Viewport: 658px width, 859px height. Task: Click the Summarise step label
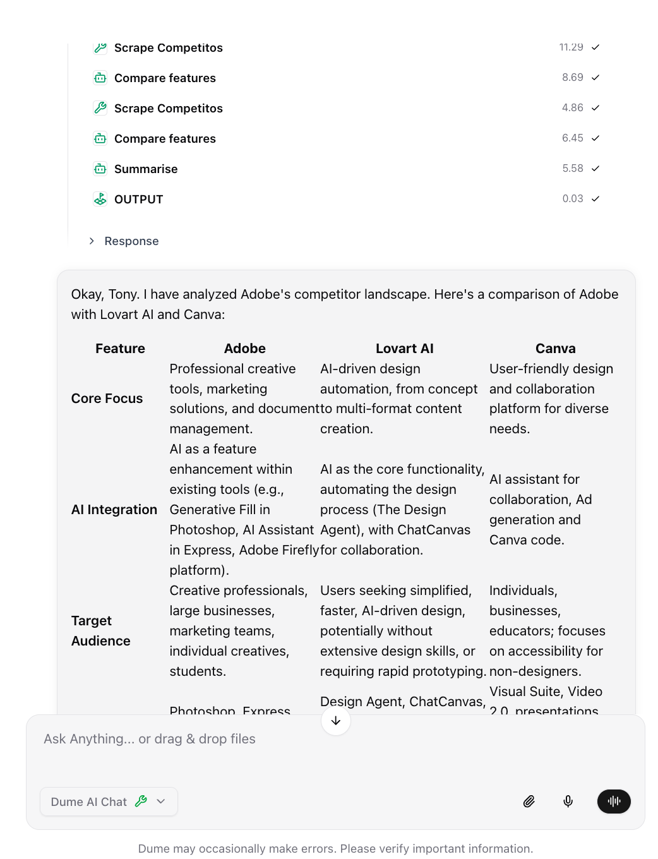point(145,169)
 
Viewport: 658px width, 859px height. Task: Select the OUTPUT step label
point(138,199)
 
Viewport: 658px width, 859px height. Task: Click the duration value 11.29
point(571,47)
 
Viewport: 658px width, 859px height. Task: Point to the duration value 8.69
point(572,77)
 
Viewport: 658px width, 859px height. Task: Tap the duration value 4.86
point(572,107)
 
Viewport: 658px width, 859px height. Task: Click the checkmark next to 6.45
point(595,138)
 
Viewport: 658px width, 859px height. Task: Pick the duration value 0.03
point(572,198)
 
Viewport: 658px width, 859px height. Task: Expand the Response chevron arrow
point(92,241)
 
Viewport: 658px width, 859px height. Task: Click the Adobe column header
point(244,349)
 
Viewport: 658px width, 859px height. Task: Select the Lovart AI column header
point(404,349)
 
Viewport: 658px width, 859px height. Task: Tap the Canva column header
point(555,349)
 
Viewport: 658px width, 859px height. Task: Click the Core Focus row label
point(107,399)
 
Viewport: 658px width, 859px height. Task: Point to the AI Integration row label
point(114,510)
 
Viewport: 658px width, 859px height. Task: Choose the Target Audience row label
point(101,630)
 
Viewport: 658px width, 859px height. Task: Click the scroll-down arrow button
point(335,721)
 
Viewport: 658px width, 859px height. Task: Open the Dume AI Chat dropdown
point(109,802)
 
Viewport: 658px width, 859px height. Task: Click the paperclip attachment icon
point(529,802)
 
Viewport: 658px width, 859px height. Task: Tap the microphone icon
point(568,802)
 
